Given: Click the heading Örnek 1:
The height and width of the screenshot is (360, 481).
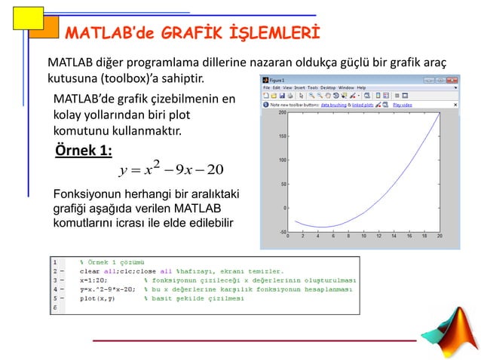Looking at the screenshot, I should click(x=84, y=151).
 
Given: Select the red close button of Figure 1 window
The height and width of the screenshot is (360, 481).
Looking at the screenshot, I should click(x=451, y=78).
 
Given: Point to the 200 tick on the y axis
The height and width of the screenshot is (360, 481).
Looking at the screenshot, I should click(x=280, y=113).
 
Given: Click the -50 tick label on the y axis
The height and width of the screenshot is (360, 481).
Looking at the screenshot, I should click(x=280, y=231).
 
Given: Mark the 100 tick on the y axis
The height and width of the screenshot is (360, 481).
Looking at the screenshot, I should click(x=280, y=160).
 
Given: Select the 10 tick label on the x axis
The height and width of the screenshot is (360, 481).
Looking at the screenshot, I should click(x=363, y=236).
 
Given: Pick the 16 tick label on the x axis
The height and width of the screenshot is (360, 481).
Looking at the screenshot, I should click(x=409, y=236).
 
